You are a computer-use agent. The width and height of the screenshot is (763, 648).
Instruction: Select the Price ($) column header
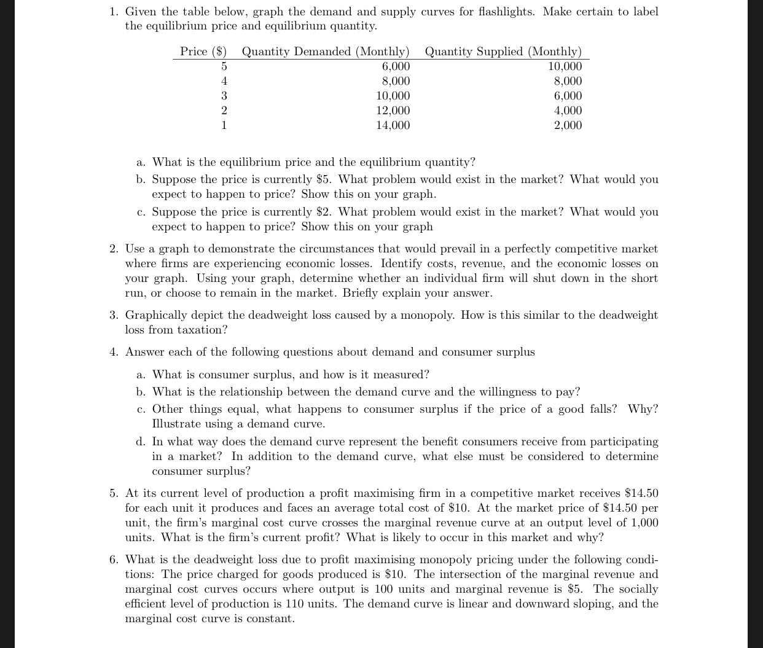click(203, 52)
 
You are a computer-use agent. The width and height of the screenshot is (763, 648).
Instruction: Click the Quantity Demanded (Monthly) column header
click(325, 52)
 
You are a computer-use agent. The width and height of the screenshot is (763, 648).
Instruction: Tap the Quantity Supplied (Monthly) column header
click(503, 52)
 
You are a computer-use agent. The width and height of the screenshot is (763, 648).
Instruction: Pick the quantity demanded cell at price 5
click(396, 66)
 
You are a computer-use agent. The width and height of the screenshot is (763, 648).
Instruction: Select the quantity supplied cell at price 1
click(568, 125)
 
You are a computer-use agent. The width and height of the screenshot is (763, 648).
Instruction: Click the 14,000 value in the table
click(393, 125)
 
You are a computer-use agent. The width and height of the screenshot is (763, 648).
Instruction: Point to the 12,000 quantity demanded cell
click(393, 111)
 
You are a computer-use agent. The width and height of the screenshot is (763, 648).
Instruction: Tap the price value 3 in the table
click(224, 96)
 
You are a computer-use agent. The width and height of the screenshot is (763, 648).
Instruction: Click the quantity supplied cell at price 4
click(568, 81)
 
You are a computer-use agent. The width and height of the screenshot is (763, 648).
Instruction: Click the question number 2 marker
click(114, 249)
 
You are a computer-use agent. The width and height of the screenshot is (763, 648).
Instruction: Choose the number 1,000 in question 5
click(644, 523)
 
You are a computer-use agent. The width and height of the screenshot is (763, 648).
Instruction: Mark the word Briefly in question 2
click(362, 293)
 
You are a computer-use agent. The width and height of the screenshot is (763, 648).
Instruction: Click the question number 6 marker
click(114, 560)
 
